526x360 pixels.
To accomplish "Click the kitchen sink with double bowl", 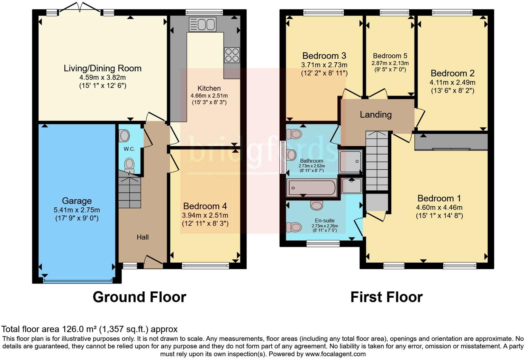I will coord(202,24).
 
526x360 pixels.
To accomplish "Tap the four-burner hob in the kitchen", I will coord(232,55).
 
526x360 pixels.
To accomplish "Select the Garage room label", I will coord(77,201).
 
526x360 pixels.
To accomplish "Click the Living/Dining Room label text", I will coord(102,68).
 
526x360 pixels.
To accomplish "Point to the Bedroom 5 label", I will coord(390,56).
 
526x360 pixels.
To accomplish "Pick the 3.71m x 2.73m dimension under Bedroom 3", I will coord(324,65).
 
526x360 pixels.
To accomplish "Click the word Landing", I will coord(375,115).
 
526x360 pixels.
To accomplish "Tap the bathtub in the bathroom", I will coord(311,188).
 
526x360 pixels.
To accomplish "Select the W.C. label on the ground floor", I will coord(129,149).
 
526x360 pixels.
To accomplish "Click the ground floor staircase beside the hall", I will coord(130,192).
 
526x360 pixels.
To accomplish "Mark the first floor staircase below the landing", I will coord(377,161).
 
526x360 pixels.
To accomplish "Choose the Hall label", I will coord(143,237).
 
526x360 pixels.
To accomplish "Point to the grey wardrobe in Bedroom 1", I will coord(451,142).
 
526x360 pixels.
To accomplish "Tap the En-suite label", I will coord(325,220).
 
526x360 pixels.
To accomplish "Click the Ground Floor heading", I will coord(139,297).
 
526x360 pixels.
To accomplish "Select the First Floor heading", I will coord(386,297).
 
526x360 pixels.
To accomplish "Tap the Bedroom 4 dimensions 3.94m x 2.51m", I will coord(205,215).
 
